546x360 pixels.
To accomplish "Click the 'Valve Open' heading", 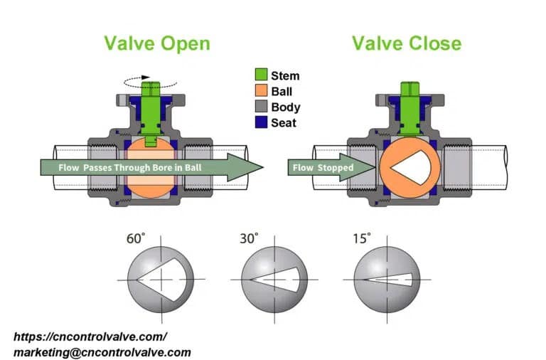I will [157, 43].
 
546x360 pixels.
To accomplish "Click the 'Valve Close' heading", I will [406, 43].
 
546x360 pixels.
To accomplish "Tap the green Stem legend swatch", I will [260, 75].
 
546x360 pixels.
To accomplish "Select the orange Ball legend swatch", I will [260, 91].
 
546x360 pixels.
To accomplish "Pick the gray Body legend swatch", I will [260, 107].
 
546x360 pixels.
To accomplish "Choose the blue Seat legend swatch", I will [260, 123].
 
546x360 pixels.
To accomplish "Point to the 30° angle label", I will [250, 239].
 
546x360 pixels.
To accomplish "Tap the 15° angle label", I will [362, 239].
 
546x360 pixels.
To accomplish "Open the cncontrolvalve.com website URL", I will [90, 337].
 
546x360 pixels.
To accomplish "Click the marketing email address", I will [102, 351].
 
